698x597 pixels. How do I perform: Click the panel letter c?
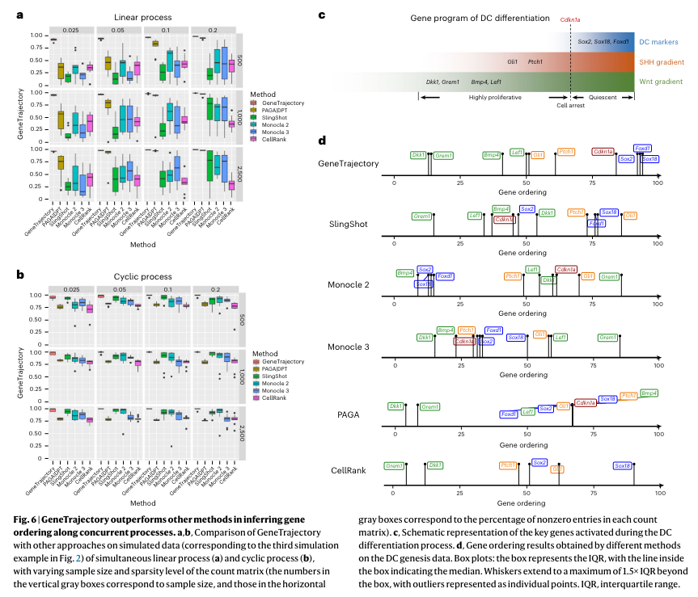[322, 15]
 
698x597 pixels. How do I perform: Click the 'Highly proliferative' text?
[495, 95]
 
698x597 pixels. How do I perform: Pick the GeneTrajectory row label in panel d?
[349, 163]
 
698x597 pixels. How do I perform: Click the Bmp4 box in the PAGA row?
[649, 393]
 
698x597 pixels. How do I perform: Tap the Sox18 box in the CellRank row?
[622, 466]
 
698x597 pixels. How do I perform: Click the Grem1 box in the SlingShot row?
[422, 217]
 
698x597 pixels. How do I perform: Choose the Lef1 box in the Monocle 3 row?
[560, 337]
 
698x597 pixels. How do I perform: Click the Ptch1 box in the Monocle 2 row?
[512, 276]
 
